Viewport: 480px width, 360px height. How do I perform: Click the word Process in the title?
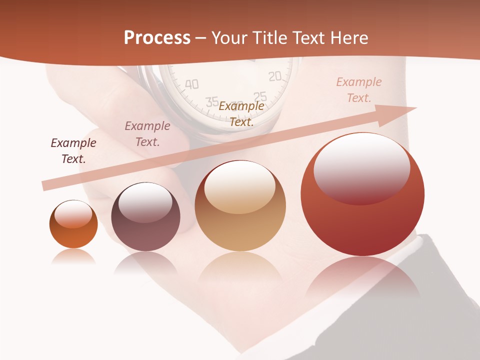coord(157,37)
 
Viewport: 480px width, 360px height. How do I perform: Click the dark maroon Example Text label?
coord(73,151)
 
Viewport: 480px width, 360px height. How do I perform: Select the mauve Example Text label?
coord(147,134)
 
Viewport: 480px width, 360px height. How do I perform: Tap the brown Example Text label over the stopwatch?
coord(241,113)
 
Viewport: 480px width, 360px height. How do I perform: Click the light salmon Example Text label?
coord(359,90)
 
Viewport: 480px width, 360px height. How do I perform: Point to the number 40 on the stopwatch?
coord(192,83)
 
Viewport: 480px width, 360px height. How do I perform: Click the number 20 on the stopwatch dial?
coord(274,76)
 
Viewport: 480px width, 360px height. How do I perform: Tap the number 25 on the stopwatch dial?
coord(260,96)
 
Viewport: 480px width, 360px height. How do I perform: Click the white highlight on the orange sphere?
coord(73,214)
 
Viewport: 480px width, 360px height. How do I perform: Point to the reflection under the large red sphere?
coord(362,280)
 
